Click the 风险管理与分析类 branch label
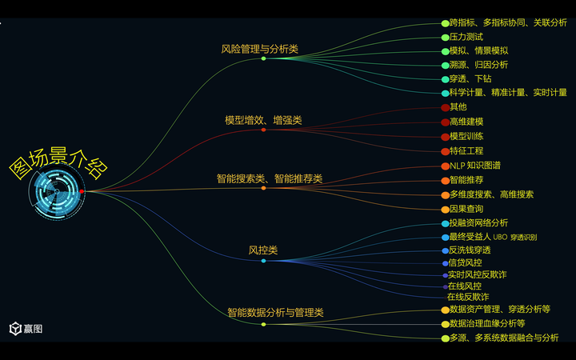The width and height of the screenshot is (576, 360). point(259,49)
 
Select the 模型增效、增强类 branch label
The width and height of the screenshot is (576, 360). point(263,120)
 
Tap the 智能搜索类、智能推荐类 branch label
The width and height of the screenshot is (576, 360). point(269,178)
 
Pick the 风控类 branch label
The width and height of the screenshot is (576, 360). point(263,250)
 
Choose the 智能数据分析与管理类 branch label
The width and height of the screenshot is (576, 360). point(275,313)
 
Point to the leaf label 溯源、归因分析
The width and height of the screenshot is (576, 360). point(478,65)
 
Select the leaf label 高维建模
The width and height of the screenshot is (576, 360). point(466,122)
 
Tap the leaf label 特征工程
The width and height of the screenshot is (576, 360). point(466,150)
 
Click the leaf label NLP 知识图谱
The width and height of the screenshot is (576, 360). point(475,166)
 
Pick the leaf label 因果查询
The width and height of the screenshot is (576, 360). point(466,209)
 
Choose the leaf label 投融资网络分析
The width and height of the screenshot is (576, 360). point(478,222)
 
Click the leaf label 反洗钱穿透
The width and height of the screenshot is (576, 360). point(470,250)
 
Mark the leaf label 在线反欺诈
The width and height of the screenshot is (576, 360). point(468,297)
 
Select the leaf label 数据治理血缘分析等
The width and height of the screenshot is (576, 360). point(487,323)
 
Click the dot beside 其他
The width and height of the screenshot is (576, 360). point(445,107)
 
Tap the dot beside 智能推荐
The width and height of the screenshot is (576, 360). point(446,180)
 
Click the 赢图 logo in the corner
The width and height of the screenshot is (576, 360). point(26,328)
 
